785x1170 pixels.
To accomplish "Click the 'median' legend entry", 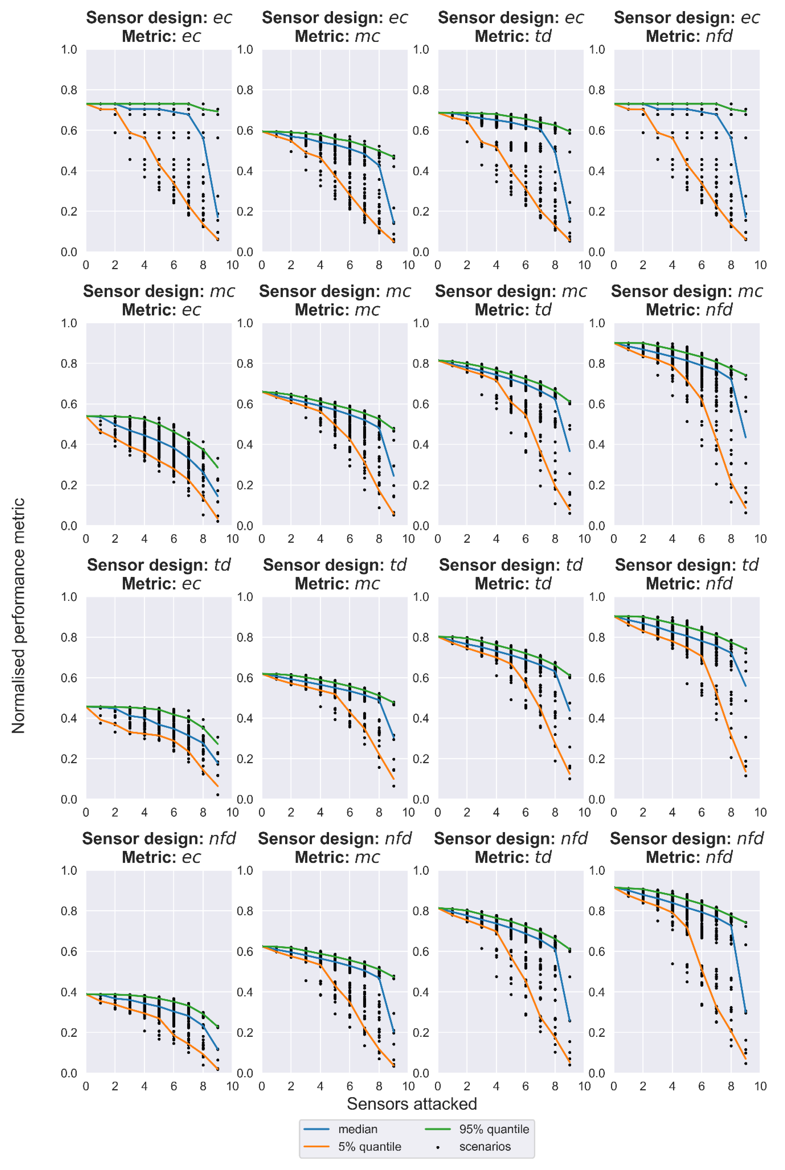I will coord(357,1129).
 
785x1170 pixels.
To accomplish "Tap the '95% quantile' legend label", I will coord(494,1129).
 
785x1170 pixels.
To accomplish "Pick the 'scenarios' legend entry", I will coord(485,1146).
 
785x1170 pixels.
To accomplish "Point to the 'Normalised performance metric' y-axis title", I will coord(19,616).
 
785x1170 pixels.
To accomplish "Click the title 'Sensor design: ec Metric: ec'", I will coord(159,27).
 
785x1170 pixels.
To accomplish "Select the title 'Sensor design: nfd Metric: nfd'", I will coord(687,848).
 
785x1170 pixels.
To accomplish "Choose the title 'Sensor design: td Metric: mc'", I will coord(335,574).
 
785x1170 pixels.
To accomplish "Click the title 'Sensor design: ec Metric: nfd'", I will coord(687,27).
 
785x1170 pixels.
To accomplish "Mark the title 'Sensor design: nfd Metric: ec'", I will coord(159,848).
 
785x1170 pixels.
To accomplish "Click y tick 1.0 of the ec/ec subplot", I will coord(69,49).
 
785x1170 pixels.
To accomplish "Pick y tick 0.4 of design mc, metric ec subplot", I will coord(69,444).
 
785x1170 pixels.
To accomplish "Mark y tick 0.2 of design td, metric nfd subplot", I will coord(597,759).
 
